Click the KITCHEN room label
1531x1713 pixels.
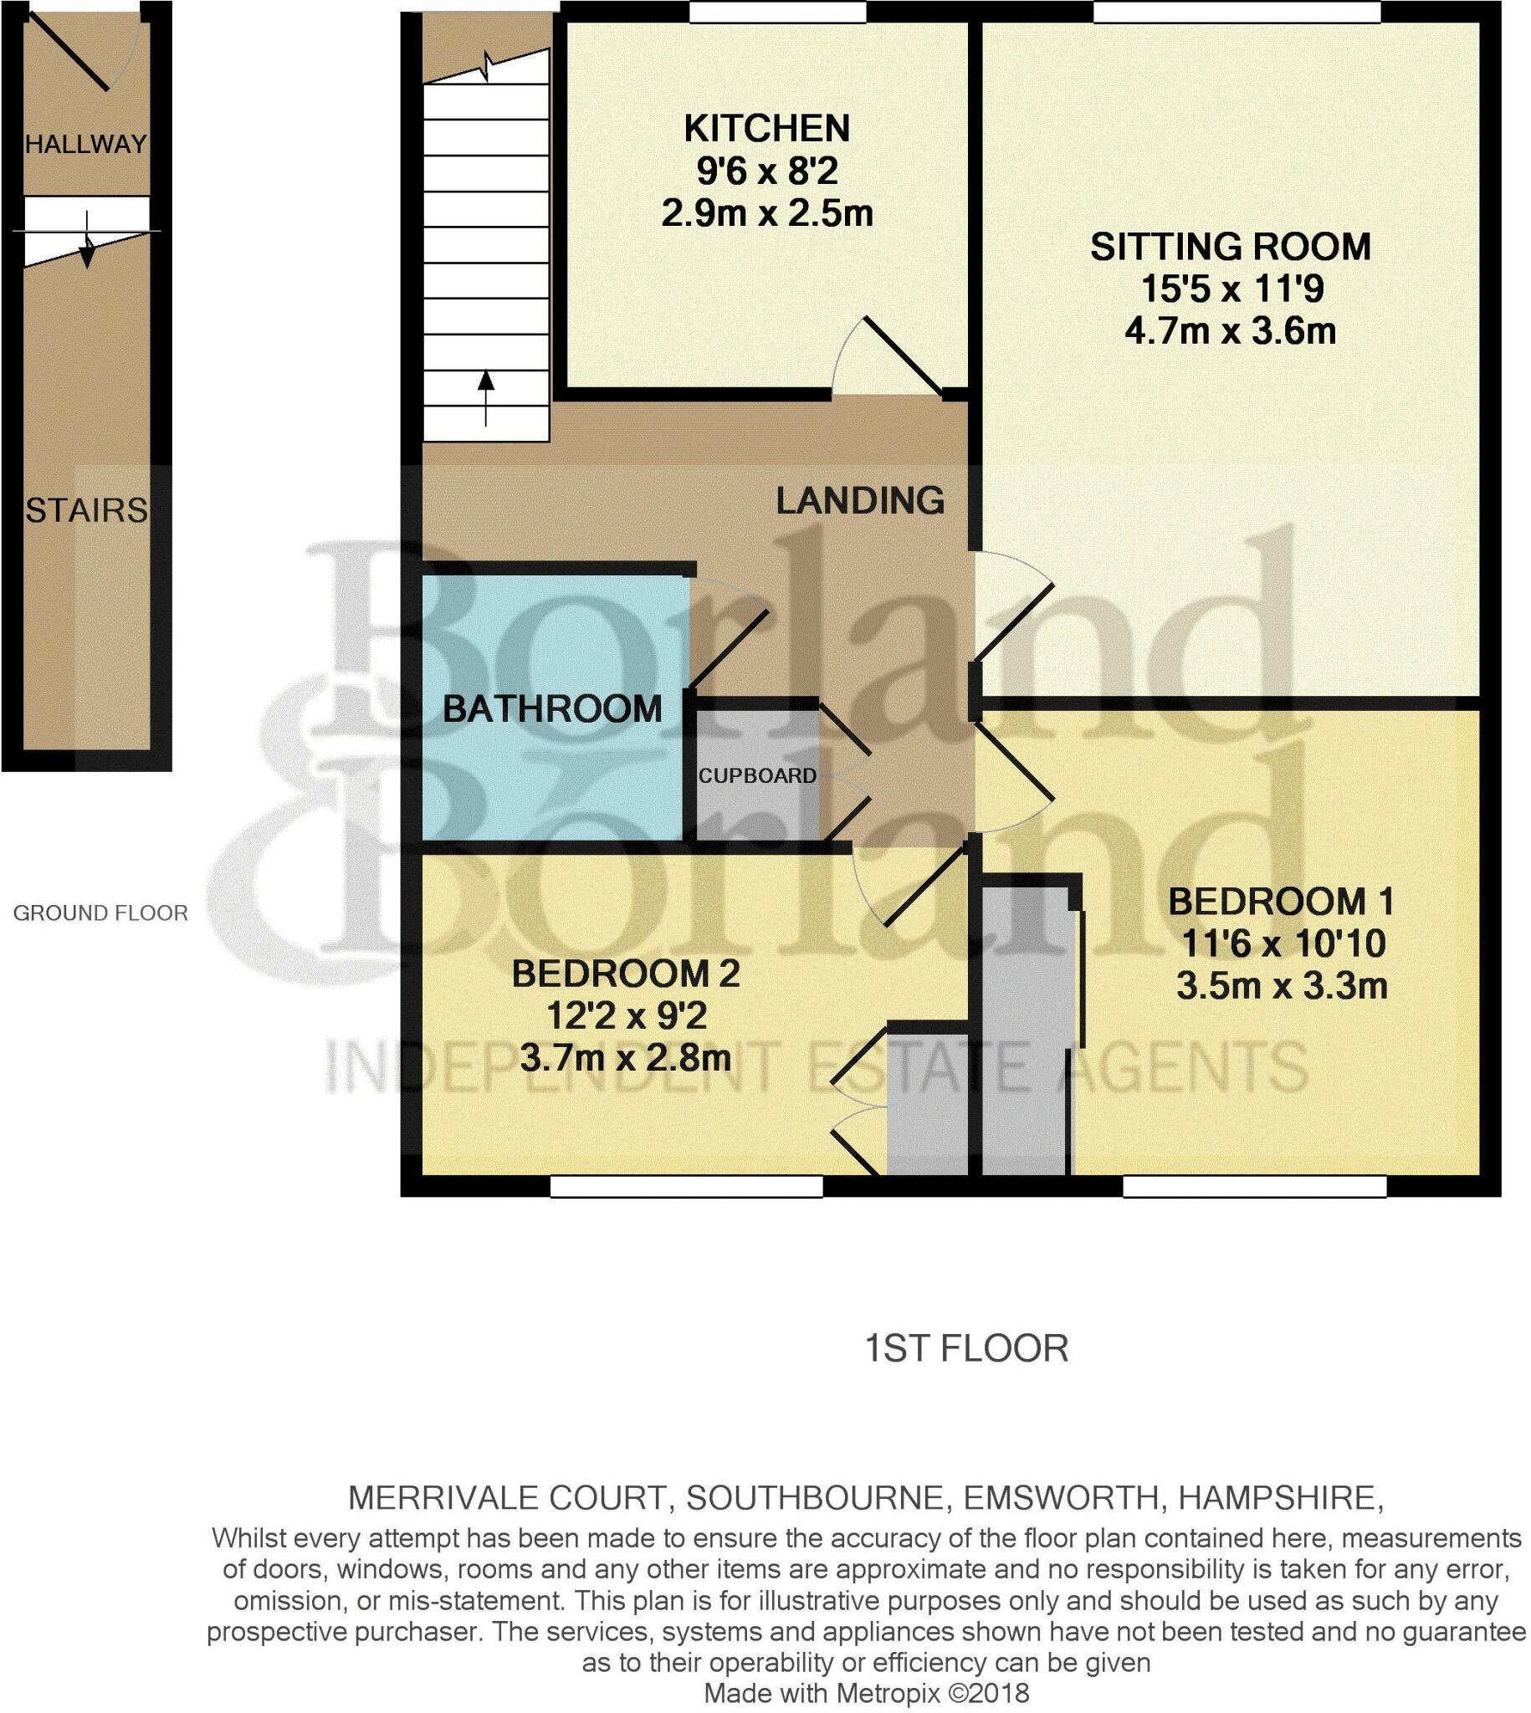(x=766, y=129)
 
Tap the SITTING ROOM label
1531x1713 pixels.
(x=1230, y=247)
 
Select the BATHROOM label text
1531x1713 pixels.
(x=552, y=709)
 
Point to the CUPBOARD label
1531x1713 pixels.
(x=757, y=775)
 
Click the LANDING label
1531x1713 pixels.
(x=860, y=500)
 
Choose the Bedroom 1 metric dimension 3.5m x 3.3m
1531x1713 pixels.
(x=1281, y=985)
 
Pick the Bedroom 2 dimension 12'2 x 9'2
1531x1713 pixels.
(x=626, y=1016)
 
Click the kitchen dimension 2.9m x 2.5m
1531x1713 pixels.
(x=766, y=213)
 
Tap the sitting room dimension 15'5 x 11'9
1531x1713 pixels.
(x=1231, y=289)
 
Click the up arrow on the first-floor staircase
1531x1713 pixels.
(x=485, y=396)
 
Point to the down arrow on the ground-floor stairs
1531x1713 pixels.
(x=87, y=245)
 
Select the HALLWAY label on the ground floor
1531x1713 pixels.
(x=86, y=145)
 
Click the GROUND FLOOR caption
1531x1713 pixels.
(x=100, y=913)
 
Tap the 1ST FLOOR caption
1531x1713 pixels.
(x=965, y=1349)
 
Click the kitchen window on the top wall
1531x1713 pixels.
(x=777, y=12)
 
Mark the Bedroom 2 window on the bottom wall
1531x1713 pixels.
(x=685, y=1186)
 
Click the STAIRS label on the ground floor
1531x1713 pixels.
(x=86, y=510)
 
